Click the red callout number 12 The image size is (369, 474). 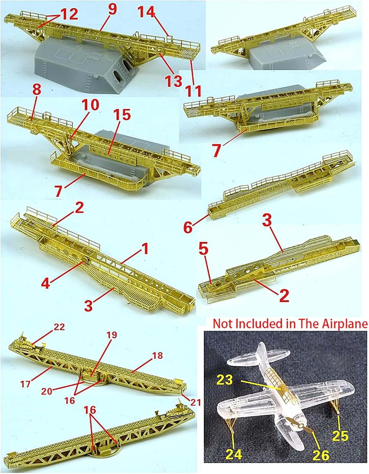pos(69,15)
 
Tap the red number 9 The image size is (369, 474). pos(112,9)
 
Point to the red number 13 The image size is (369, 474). pos(173,81)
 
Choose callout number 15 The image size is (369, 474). pos(123,115)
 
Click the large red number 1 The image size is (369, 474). pos(145,249)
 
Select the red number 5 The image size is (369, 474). pos(203,250)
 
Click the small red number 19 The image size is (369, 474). pos(112,335)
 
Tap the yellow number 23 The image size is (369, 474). pos(225,380)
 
